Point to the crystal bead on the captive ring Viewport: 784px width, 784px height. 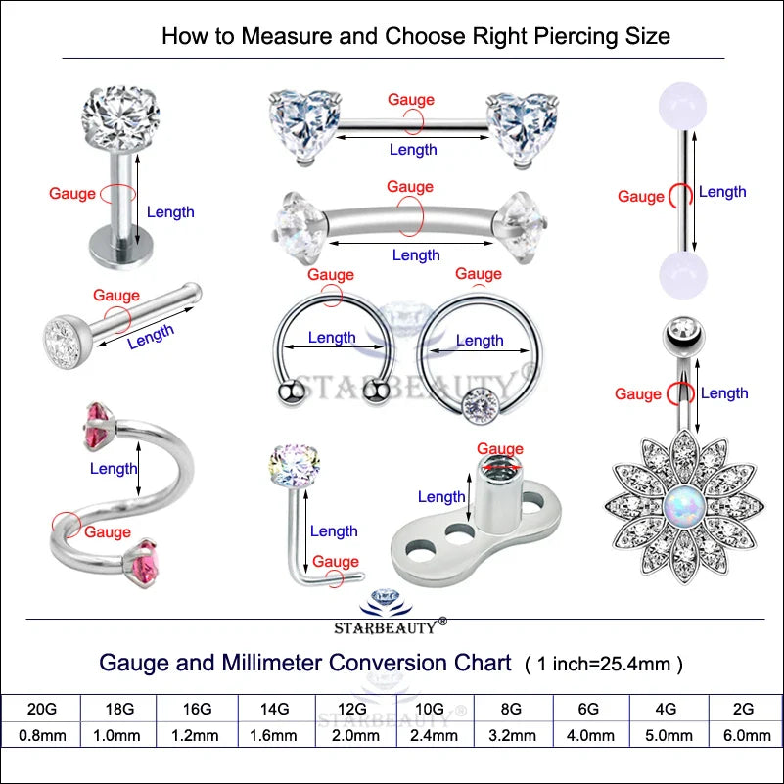click(479, 400)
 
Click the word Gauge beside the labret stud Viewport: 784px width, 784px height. click(72, 194)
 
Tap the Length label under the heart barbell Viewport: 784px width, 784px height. click(413, 150)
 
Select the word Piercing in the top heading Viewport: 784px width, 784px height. click(572, 37)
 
